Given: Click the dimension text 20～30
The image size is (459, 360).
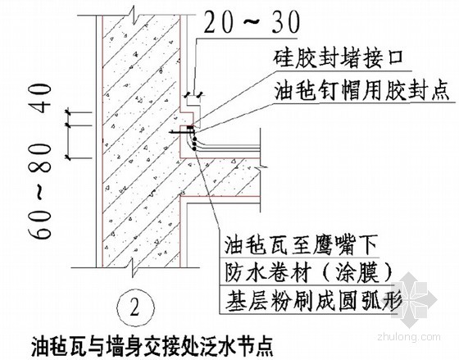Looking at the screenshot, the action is (x=252, y=23).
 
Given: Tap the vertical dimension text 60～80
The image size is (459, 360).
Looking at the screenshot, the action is (x=41, y=191).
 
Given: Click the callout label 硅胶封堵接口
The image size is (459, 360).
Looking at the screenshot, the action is (x=339, y=58).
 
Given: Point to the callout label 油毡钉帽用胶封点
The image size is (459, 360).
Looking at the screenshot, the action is (x=361, y=91).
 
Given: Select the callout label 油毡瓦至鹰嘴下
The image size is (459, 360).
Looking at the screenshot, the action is (x=301, y=245).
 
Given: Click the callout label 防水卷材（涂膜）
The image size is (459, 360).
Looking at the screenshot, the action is (x=308, y=273).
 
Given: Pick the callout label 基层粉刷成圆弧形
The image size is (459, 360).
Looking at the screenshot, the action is (x=312, y=300).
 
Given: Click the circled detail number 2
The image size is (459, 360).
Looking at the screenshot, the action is (x=135, y=308).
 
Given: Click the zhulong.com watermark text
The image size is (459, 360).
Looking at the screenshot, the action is (x=409, y=337).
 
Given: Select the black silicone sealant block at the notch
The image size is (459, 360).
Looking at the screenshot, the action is (x=190, y=127).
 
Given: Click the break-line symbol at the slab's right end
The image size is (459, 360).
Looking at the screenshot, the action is (x=261, y=168).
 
